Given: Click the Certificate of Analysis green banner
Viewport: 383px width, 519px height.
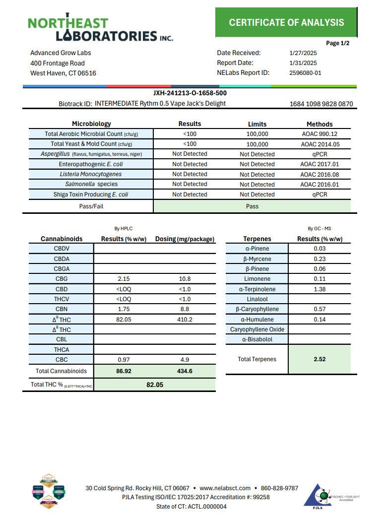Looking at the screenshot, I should tap(286, 22).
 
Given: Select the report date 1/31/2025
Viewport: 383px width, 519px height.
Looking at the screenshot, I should tap(303, 63).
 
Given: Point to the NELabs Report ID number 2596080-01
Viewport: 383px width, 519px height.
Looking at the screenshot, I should tap(305, 73).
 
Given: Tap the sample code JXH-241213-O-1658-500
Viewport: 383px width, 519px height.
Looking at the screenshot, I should tap(190, 93).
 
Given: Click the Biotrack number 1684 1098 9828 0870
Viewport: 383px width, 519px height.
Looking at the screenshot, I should tap(321, 104).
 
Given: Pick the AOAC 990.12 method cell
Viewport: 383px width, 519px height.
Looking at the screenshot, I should tap(319, 134).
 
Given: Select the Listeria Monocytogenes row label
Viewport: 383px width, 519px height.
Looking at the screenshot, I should tap(91, 174).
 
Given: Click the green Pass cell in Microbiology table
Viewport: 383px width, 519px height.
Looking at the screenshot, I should tap(252, 206).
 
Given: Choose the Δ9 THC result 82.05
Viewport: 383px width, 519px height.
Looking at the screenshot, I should tap(124, 320).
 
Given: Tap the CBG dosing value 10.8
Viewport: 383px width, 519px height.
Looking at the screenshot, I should tap(185, 279).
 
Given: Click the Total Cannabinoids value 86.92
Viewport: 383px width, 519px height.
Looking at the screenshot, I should tap(124, 371).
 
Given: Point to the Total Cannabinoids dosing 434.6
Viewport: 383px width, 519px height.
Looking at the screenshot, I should tap(185, 371).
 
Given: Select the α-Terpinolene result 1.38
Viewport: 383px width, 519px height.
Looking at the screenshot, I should tap(319, 289).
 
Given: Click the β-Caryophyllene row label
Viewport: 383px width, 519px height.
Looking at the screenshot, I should tap(257, 309).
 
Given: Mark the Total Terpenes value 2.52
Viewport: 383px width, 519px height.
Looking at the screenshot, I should tap(319, 359).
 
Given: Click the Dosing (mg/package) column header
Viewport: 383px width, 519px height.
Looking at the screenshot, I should tap(185, 239).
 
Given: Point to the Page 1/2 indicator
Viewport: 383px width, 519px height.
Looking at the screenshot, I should tap(338, 44).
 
